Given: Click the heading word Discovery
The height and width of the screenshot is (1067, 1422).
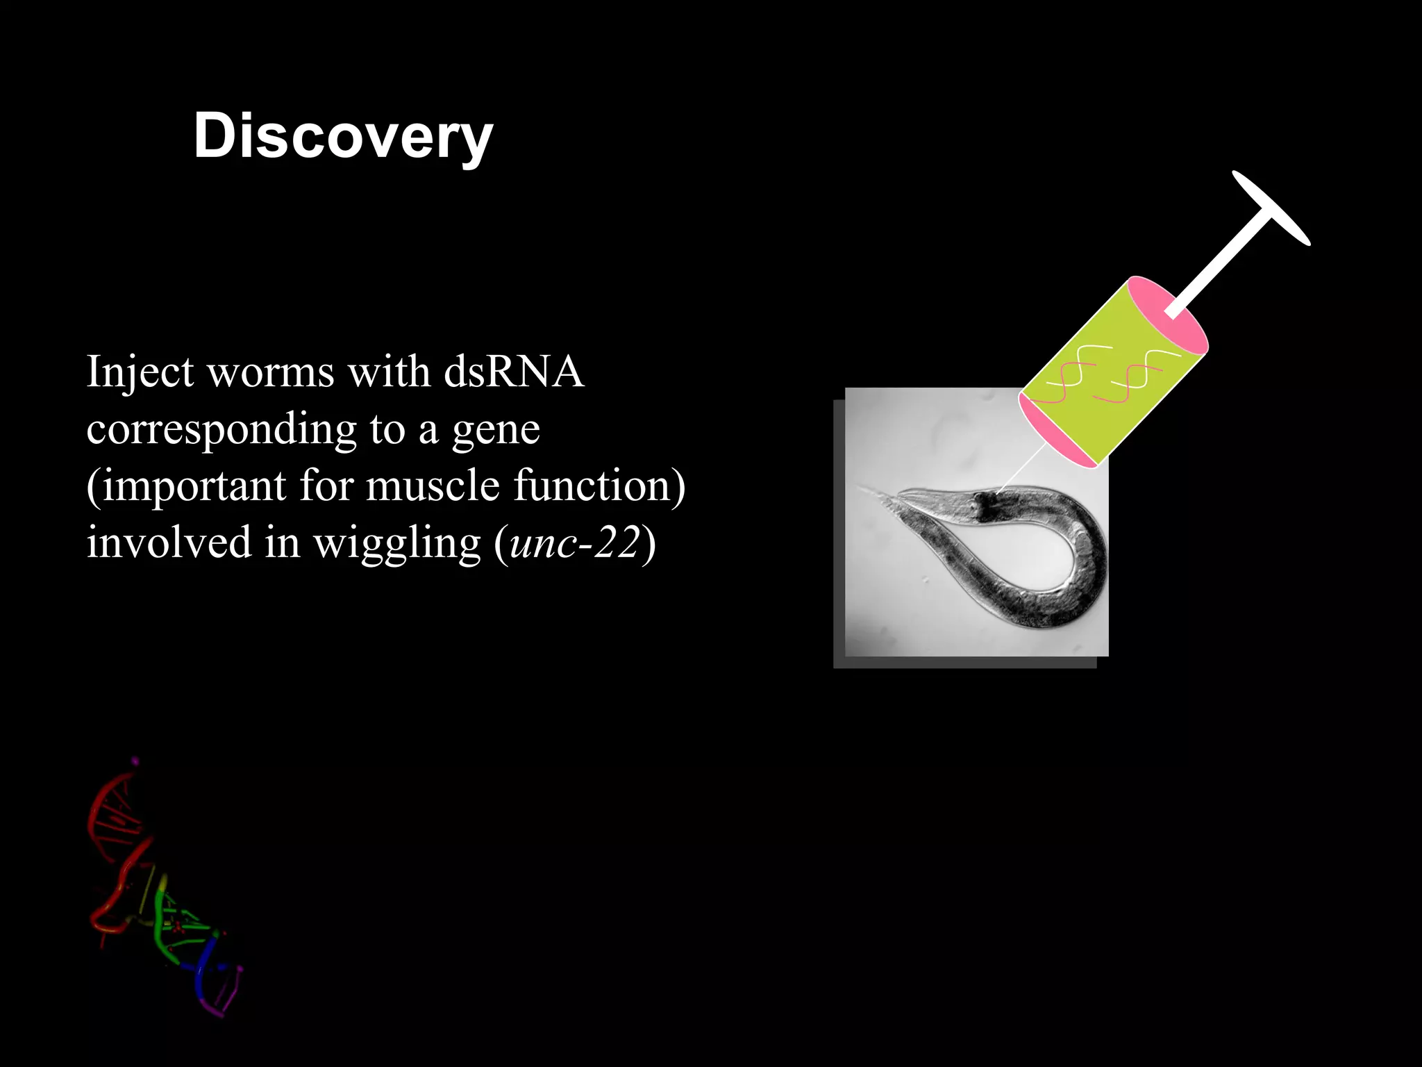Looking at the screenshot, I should pyautogui.click(x=343, y=137).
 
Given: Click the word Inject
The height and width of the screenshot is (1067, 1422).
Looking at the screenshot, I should pyautogui.click(x=140, y=373).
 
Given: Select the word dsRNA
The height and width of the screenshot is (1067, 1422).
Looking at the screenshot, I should pyautogui.click(x=514, y=372).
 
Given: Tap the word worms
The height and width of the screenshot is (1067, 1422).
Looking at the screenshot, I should pyautogui.click(x=271, y=373).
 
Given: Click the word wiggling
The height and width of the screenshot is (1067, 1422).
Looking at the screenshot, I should pyautogui.click(x=397, y=544).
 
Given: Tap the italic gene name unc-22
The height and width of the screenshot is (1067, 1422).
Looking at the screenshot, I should pyautogui.click(x=574, y=543).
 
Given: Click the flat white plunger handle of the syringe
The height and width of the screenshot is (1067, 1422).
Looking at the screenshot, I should pyautogui.click(x=1271, y=208).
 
